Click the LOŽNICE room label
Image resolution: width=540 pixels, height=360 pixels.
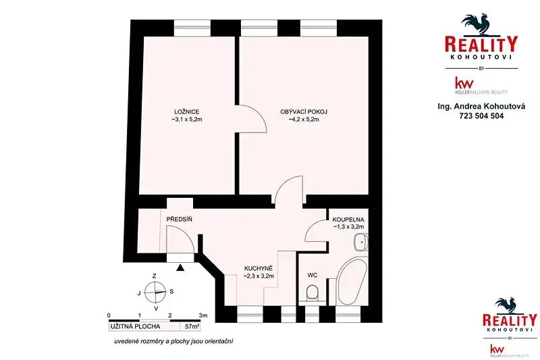[187, 112]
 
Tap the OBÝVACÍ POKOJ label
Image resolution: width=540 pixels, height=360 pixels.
[304, 112]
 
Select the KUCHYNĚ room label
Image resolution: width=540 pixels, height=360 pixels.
[259, 268]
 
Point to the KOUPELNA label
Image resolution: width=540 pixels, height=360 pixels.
[348, 220]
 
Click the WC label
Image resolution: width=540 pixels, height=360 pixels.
[313, 276]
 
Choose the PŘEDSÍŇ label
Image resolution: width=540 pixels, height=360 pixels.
[179, 219]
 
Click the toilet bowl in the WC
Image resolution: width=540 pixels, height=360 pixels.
[313, 292]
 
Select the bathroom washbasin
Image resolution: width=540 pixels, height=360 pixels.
[360, 242]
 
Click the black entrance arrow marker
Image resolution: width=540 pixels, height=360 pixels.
[180, 267]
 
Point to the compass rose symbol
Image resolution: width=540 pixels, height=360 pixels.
[155, 292]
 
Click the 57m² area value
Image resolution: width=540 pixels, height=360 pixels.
[192, 326]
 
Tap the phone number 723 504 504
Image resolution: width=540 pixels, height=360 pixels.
[481, 116]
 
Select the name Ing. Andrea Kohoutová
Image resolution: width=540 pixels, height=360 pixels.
[481, 107]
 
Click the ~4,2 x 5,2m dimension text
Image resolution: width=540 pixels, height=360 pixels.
[304, 120]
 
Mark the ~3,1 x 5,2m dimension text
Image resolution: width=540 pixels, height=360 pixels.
[187, 120]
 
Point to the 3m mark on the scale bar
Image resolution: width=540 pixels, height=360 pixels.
[203, 315]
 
